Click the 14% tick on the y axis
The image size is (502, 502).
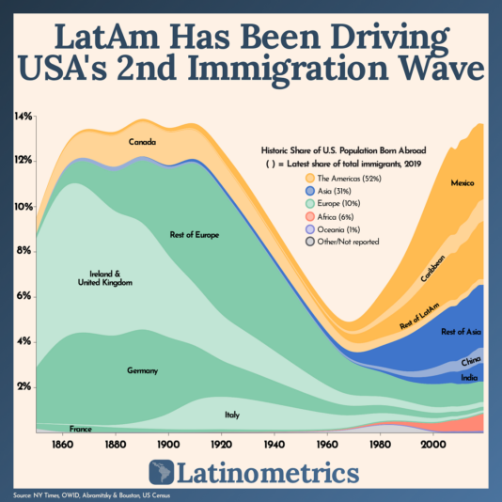coord(23,117)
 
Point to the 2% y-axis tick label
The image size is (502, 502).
coord(23,386)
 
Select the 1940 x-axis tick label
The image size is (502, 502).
coord(275,443)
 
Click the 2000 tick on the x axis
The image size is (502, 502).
coord(433,443)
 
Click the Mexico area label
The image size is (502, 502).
coord(463,182)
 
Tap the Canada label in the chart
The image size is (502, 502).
coord(143,143)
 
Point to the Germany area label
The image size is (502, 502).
coord(143,371)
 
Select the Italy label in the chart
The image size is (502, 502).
coord(231,415)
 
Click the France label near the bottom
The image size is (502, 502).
coord(80,428)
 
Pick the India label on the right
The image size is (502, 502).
coord(468,378)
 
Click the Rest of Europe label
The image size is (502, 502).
coord(195,234)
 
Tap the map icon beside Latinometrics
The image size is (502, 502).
coord(166,473)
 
